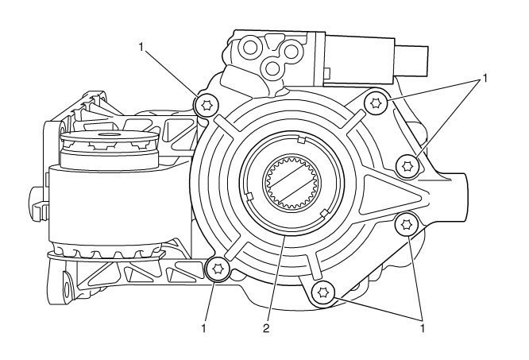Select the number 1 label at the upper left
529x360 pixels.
141,48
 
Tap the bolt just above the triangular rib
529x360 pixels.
409,165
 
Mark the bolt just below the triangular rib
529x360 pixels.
406,225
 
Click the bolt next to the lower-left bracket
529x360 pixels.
216,270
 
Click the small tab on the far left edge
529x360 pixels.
34,193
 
